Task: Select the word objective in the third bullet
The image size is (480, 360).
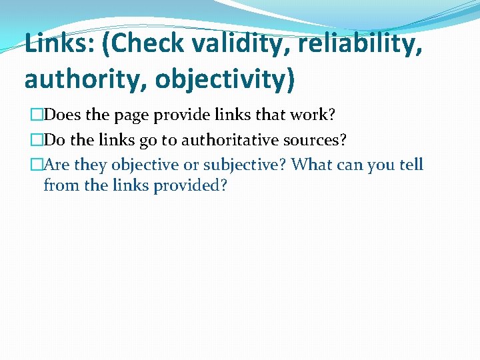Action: click(145, 165)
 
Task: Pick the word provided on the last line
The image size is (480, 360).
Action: click(191, 185)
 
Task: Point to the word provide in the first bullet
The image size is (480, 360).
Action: click(179, 116)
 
